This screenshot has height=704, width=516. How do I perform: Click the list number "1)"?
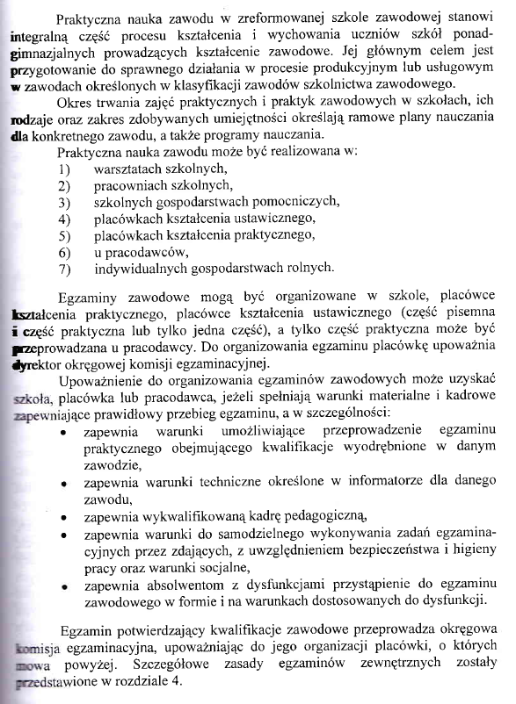click(63, 168)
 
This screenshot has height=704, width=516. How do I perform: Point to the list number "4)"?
click(63, 218)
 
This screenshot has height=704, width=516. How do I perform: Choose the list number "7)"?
click(63, 268)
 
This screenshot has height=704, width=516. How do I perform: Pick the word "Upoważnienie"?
click(102, 382)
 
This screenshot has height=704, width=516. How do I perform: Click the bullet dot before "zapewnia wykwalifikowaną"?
click(65, 517)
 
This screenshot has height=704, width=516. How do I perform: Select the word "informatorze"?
click(384, 482)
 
